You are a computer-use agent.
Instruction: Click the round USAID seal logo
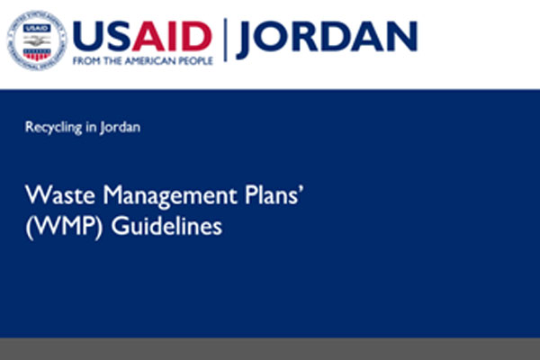coord(37,40)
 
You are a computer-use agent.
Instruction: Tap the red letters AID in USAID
coord(172,37)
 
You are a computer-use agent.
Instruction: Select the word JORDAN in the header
coord(328,38)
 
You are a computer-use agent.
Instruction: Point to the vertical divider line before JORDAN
coord(225,40)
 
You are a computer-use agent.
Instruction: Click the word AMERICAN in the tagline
coord(149,61)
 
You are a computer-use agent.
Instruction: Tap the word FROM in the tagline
coord(86,61)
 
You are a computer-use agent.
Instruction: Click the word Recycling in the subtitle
coord(54,128)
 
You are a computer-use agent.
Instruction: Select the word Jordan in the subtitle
coord(121,128)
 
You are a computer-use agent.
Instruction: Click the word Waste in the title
coord(60,195)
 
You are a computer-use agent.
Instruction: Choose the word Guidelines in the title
coord(166,226)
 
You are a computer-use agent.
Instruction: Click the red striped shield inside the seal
coord(37,54)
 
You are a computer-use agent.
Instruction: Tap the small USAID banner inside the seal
coord(37,29)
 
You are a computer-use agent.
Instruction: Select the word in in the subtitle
coord(91,127)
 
